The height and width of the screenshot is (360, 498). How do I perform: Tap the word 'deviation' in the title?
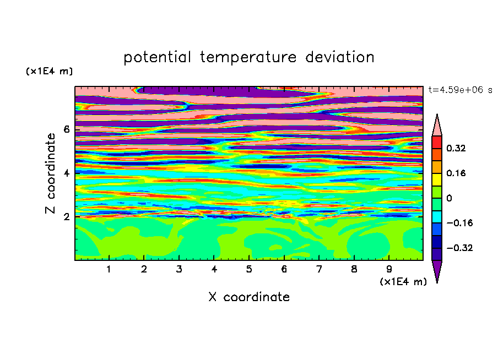339,57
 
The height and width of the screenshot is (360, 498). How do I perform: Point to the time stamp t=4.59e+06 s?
460,90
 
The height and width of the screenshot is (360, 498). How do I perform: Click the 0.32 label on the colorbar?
456,148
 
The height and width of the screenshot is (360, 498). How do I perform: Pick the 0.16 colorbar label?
456,173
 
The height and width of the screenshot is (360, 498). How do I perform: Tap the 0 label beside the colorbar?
449,198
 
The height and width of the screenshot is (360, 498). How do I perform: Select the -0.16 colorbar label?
459,223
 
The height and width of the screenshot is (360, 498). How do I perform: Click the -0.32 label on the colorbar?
459,248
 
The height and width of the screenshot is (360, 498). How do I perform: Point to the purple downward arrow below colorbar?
437,270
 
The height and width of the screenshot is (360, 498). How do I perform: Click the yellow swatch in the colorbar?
437,179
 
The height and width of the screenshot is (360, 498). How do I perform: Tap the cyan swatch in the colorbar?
437,217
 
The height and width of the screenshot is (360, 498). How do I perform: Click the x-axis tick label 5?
249,269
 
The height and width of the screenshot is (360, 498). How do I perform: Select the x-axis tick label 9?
389,269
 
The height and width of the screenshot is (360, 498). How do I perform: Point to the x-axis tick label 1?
109,269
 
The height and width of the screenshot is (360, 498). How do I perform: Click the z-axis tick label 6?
66,129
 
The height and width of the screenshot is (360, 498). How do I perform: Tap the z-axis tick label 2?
66,216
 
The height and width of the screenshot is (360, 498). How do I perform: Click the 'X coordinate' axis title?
249,297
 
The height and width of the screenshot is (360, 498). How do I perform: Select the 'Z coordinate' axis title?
50,173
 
